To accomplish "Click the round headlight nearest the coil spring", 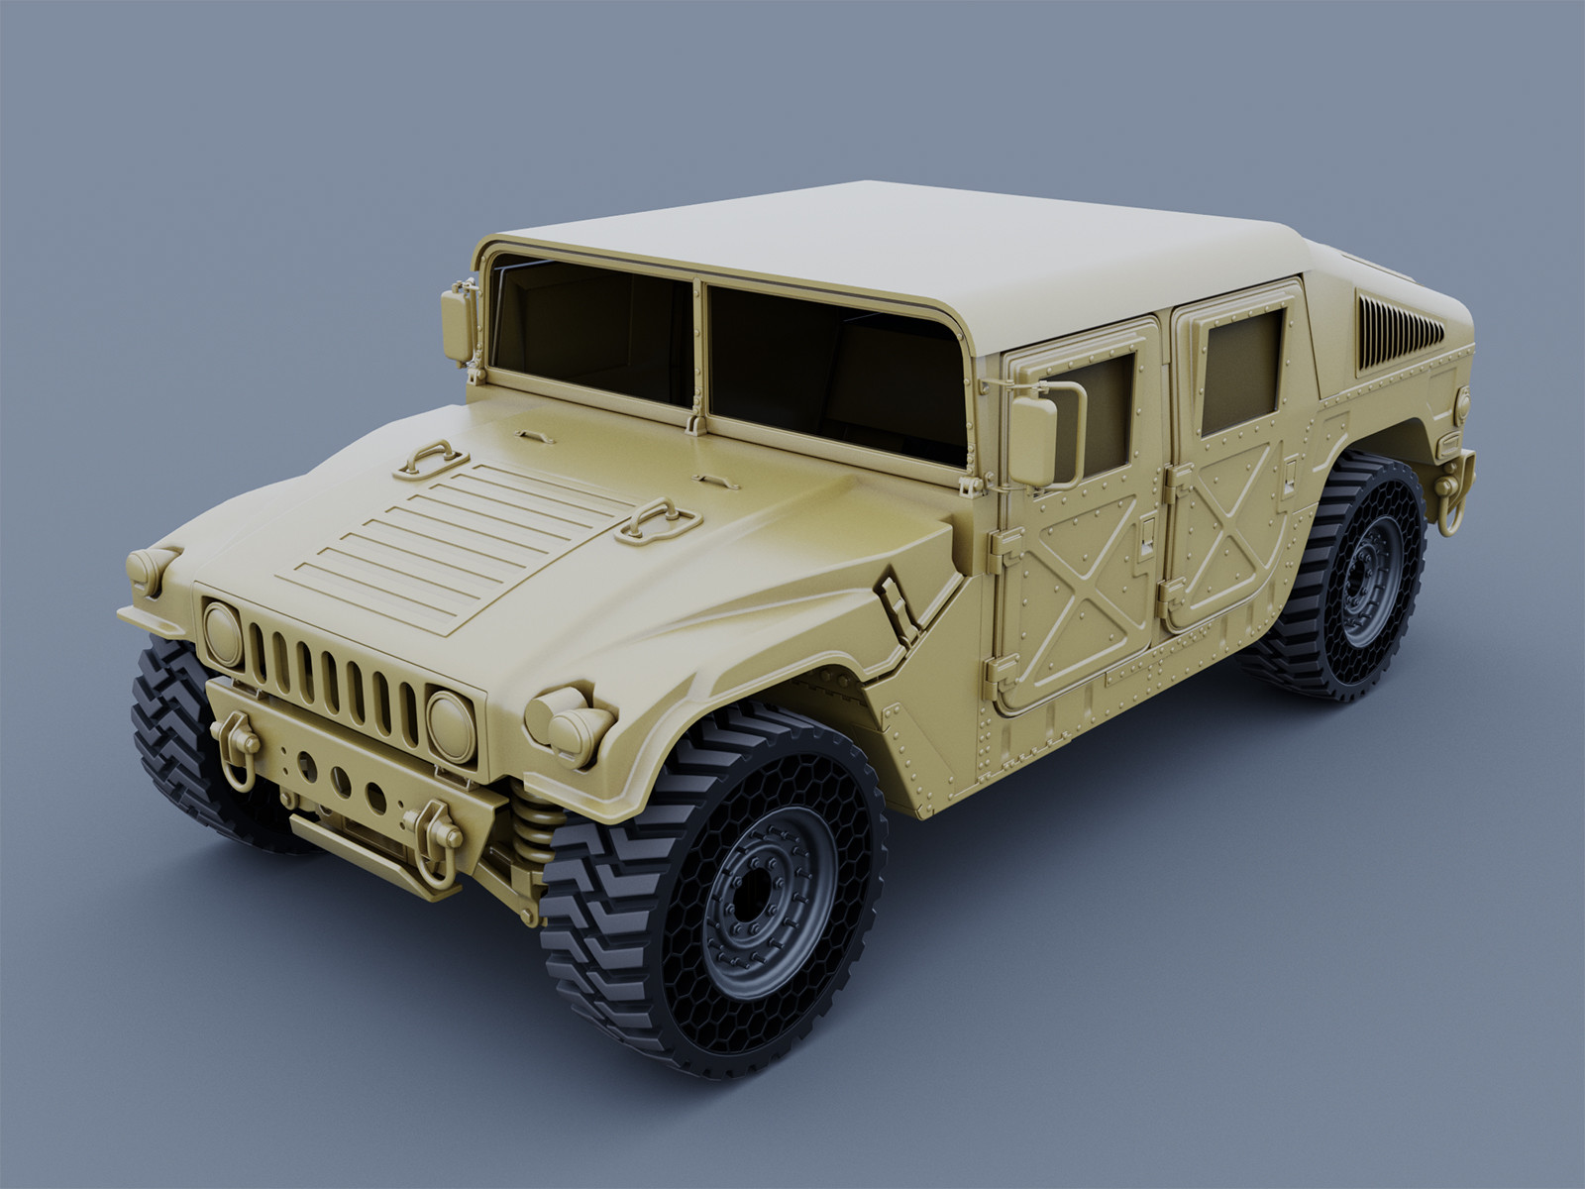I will tap(451, 727).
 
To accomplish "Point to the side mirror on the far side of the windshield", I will tap(457, 324).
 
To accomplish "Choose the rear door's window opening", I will tap(1242, 371).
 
